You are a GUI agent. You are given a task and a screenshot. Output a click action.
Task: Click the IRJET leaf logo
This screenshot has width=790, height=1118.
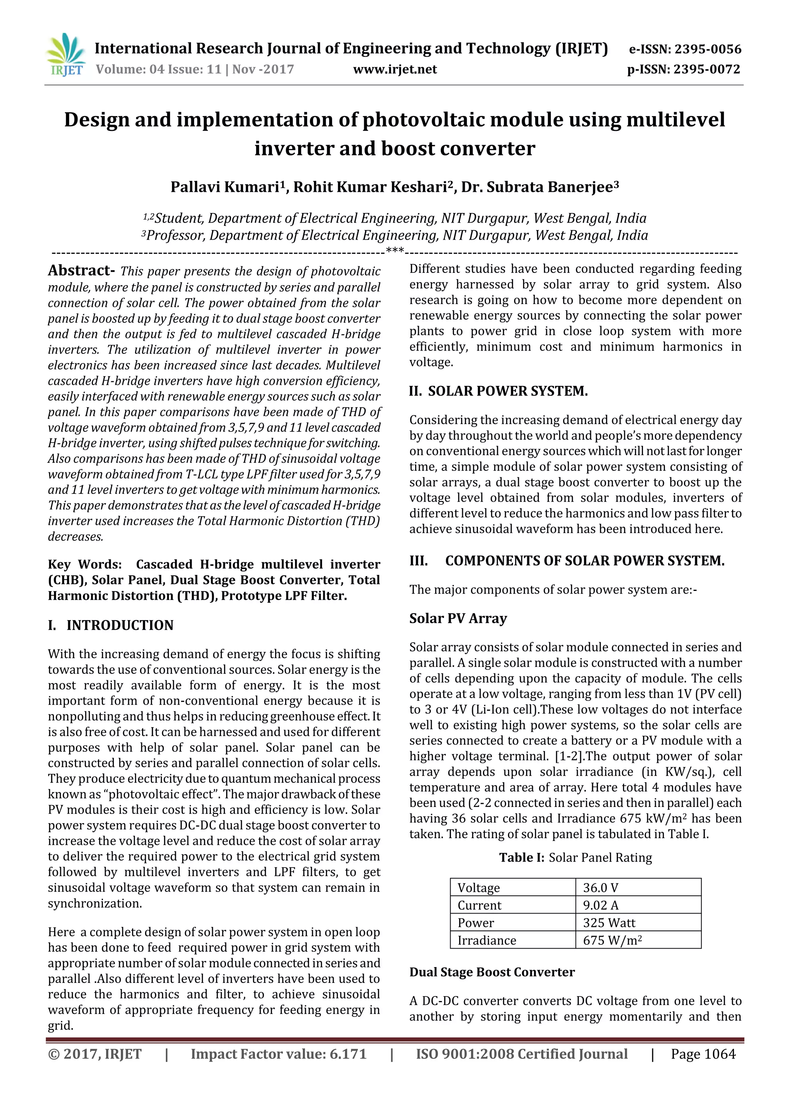[x=66, y=56]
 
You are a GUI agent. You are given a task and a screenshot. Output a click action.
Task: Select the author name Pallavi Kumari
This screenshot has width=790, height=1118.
[x=227, y=187]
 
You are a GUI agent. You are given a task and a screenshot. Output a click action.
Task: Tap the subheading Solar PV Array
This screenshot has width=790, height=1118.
[x=457, y=618]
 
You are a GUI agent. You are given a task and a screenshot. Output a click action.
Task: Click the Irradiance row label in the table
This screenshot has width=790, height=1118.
[x=486, y=940]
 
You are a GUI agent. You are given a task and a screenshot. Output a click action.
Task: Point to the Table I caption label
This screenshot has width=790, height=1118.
[x=521, y=858]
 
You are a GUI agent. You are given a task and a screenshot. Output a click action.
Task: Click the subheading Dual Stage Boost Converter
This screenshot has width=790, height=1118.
[x=491, y=972]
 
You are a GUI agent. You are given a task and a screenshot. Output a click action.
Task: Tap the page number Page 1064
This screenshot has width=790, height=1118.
[x=703, y=1054]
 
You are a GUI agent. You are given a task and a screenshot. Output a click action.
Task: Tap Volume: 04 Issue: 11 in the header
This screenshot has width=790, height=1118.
[x=159, y=69]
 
